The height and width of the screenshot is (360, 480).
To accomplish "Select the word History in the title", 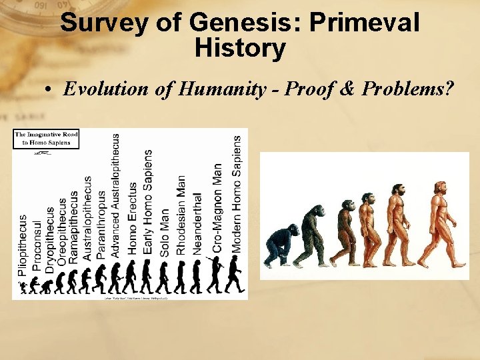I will click(240, 49).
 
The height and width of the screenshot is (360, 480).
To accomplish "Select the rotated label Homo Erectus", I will click(133, 217).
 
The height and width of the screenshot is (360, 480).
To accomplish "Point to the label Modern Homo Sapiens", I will click(237, 193).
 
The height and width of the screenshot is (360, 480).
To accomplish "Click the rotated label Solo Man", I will click(165, 231).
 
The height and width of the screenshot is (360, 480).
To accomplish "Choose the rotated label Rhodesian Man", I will click(181, 215).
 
